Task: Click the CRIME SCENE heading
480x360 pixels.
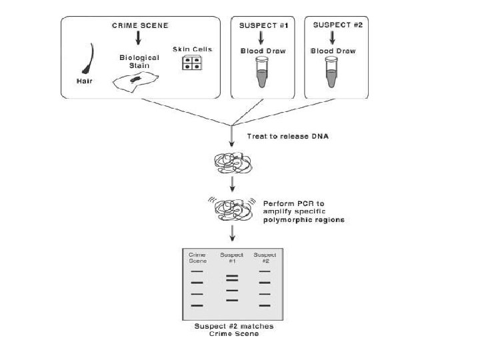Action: click(x=139, y=25)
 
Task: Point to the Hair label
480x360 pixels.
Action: click(x=86, y=81)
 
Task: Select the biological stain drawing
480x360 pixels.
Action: click(x=135, y=81)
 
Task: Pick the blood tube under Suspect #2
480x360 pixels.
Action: click(x=331, y=71)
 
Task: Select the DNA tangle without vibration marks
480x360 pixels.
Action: click(x=230, y=162)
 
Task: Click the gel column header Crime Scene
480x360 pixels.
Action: click(x=197, y=257)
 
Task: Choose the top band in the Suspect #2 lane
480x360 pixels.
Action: click(x=265, y=271)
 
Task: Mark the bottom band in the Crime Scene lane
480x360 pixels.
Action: click(x=197, y=305)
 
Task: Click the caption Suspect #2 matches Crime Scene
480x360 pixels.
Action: click(x=233, y=330)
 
